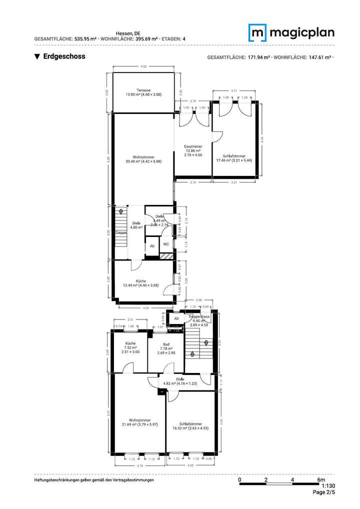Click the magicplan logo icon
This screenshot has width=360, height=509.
tap(257, 33)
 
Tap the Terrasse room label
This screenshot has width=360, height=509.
tap(143, 92)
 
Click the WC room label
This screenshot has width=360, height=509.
tap(166, 244)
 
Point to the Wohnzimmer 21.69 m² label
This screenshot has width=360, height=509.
tap(140, 422)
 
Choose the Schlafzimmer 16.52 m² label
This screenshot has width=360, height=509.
tap(190, 425)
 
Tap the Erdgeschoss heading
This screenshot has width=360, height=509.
tap(64, 56)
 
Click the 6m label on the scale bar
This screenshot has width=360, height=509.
tap(320, 480)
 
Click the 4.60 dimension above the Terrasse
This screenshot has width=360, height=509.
tap(143, 66)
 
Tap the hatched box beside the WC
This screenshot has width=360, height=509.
tap(166, 256)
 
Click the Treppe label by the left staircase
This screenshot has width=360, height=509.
tap(120, 232)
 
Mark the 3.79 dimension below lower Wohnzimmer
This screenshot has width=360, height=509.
tap(139, 466)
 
